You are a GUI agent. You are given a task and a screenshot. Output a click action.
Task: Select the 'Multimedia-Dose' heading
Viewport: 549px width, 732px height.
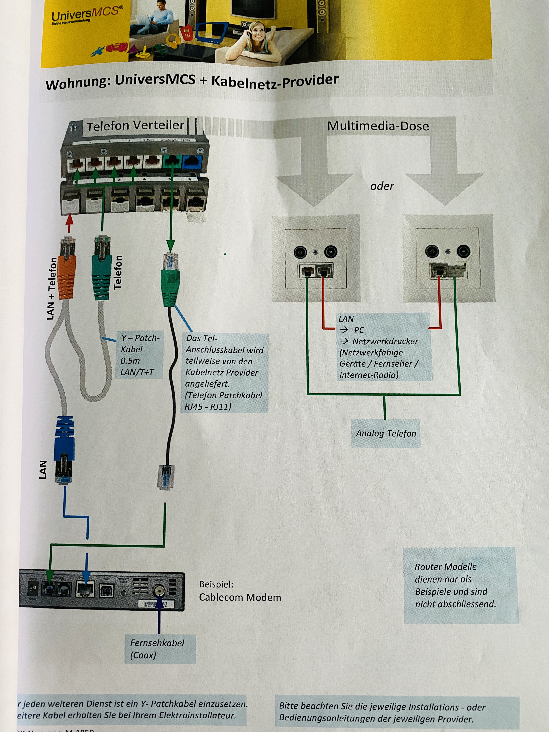coord(378,126)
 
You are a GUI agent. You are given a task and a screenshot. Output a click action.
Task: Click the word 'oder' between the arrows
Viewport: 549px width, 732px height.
coord(382,186)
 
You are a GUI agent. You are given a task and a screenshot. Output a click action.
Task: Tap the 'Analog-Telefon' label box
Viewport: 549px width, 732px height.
coord(386,433)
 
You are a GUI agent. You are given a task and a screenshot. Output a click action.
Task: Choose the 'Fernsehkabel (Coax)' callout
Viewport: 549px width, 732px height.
coord(160,649)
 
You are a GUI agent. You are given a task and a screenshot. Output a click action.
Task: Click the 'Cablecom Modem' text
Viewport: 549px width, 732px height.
coord(240,597)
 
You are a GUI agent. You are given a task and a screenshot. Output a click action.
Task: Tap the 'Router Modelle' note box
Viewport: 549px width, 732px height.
coord(460,585)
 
